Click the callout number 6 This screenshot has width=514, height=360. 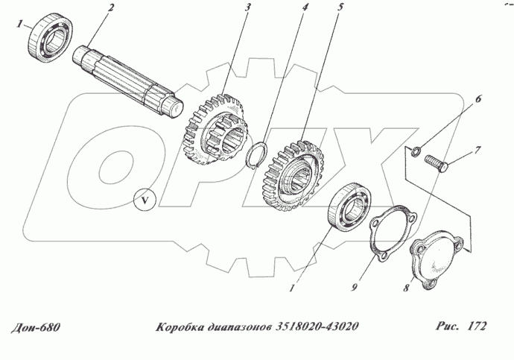479,98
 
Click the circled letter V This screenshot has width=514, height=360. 144,199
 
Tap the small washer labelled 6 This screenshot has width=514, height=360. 416,153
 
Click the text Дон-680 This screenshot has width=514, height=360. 37,327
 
